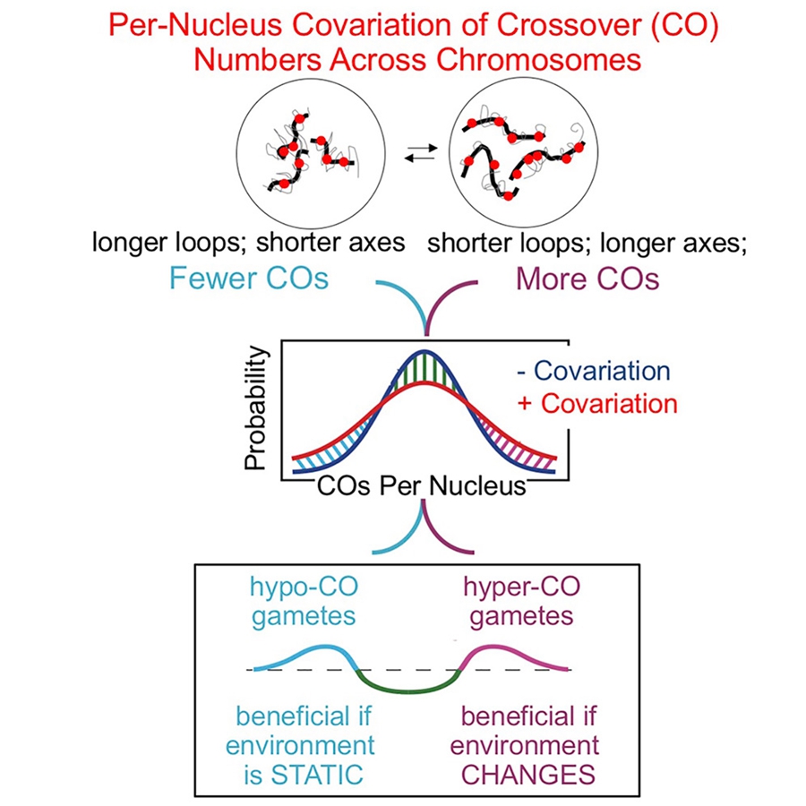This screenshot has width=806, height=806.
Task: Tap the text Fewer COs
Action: (x=249, y=279)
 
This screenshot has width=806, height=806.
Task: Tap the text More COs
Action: (x=587, y=279)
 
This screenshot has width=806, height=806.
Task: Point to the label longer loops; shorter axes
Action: (x=248, y=242)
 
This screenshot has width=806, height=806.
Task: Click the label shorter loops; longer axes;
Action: (x=587, y=243)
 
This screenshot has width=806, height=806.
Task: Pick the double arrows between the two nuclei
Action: (x=421, y=153)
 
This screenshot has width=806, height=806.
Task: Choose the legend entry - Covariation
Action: (x=594, y=371)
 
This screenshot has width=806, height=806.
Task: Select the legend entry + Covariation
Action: (x=597, y=404)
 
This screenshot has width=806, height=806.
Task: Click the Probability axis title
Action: (x=256, y=407)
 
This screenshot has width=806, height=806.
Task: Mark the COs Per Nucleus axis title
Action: (x=422, y=485)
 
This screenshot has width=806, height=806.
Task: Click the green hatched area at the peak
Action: (x=424, y=369)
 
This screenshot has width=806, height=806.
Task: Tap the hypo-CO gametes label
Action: (x=304, y=601)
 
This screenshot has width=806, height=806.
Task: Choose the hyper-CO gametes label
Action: (x=522, y=601)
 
